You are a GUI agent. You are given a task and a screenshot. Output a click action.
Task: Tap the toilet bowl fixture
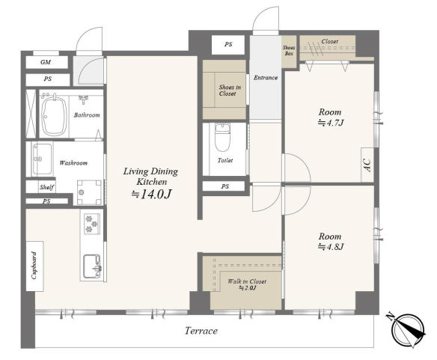(x=223, y=137)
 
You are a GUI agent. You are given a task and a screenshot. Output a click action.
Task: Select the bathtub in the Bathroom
(x=54, y=115)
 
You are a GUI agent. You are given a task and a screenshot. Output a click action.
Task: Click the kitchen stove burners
(x=92, y=223)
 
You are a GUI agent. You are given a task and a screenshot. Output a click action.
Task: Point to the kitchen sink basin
(x=92, y=266)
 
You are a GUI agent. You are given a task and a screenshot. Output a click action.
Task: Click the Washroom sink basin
(x=42, y=159)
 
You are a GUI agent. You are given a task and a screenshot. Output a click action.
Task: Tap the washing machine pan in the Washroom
(x=90, y=192)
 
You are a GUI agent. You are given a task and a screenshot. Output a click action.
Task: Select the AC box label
(x=367, y=165)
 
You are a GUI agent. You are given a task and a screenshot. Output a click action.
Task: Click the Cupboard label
(x=34, y=265)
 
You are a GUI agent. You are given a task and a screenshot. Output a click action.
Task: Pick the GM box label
(x=46, y=62)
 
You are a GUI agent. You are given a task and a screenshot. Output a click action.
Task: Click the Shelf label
(x=46, y=187)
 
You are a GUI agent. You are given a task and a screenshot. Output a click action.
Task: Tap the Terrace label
(x=201, y=331)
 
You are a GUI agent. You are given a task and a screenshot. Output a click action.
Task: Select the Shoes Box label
(x=289, y=50)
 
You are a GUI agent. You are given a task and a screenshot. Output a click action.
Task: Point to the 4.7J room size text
(x=331, y=123)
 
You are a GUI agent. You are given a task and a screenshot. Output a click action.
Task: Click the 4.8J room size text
(x=331, y=246)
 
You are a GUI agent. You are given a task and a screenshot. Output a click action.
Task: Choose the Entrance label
(x=266, y=78)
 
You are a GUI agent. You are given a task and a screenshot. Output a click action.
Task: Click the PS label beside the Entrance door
(x=228, y=44)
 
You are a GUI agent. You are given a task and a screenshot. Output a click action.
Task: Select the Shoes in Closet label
(x=230, y=91)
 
